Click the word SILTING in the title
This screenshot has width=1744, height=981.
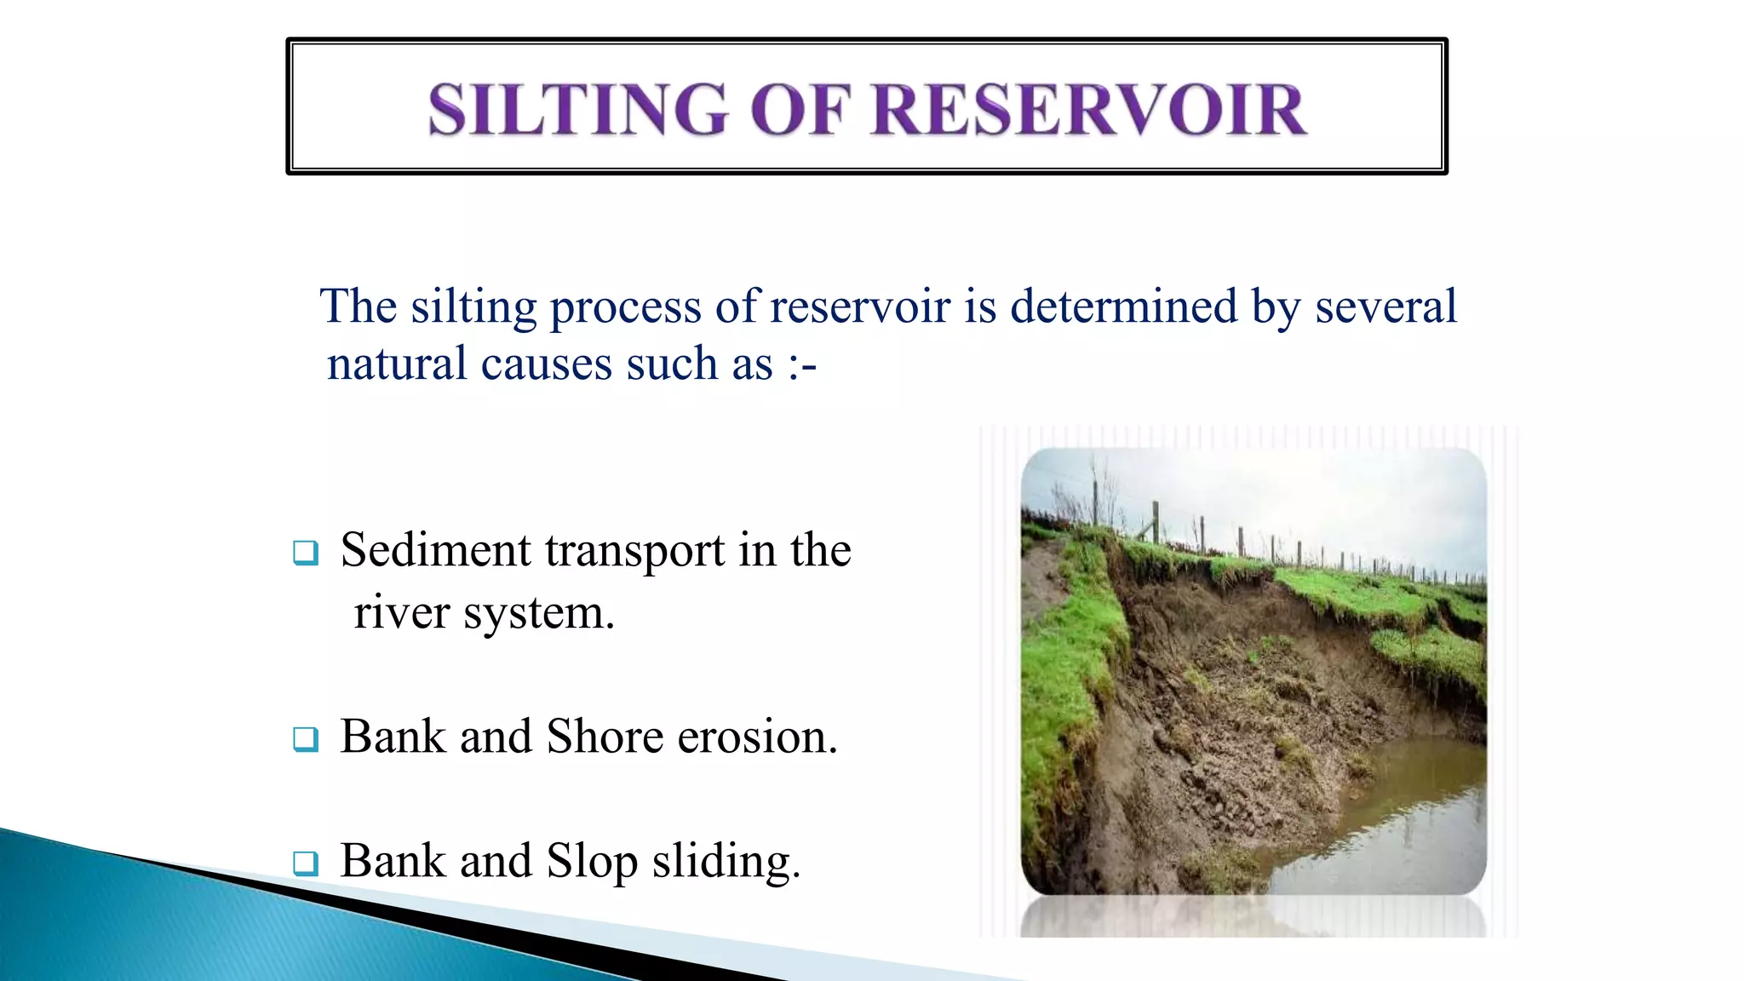578,111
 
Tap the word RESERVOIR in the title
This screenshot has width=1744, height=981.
1089,111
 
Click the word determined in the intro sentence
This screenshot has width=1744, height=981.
1123,307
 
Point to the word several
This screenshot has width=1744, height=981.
1385,307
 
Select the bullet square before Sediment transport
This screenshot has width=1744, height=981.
306,553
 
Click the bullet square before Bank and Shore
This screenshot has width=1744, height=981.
306,738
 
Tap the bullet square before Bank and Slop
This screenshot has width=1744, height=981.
306,863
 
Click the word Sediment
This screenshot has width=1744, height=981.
435,550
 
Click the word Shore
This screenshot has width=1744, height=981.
605,737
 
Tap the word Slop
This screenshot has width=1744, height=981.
592,862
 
